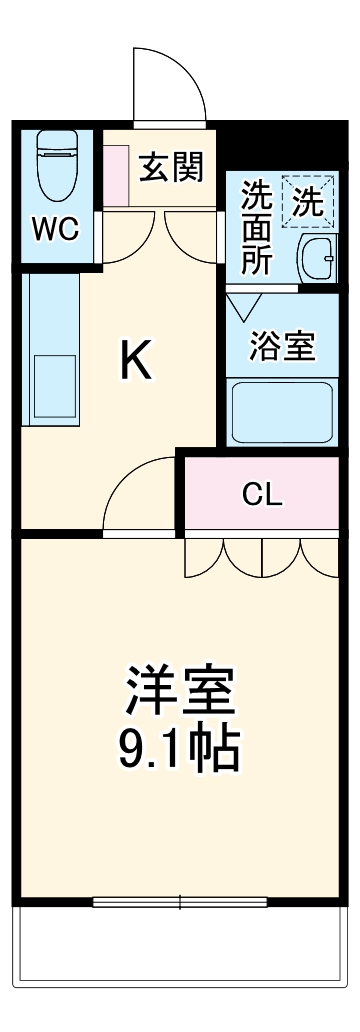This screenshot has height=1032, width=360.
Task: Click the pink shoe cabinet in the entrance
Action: point(118,175)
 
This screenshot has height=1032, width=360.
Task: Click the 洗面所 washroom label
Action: point(256,228)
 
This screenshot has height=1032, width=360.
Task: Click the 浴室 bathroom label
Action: point(282,347)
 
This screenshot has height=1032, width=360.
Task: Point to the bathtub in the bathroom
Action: point(281,412)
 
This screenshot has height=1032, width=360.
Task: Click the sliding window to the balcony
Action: point(180,902)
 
